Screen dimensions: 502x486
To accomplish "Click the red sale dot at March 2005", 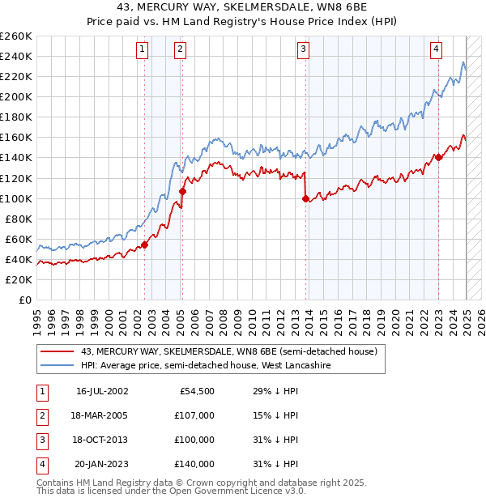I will click(x=182, y=192).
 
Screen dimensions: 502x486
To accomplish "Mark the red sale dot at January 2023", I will click(x=438, y=158).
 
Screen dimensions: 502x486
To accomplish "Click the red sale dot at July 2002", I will click(x=144, y=245).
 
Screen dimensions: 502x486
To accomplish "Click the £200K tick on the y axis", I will click(x=16, y=96).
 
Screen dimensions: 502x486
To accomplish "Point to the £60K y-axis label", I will click(x=19, y=239).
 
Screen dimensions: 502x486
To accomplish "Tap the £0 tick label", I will click(x=25, y=300).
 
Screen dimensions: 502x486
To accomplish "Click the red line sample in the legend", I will click(x=57, y=352).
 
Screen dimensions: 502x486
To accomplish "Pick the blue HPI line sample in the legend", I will click(x=57, y=366).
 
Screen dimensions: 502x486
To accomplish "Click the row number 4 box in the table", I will click(x=40, y=464).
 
